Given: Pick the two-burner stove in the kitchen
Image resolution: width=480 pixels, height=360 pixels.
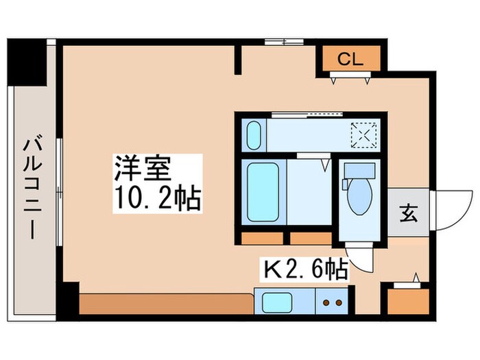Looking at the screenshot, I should point(332,301).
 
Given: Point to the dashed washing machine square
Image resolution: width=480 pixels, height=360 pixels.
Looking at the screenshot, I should point(363,134).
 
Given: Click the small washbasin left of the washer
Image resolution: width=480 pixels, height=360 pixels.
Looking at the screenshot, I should point(253,134).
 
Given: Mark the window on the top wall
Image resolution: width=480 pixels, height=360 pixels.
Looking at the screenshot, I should point(283,42).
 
